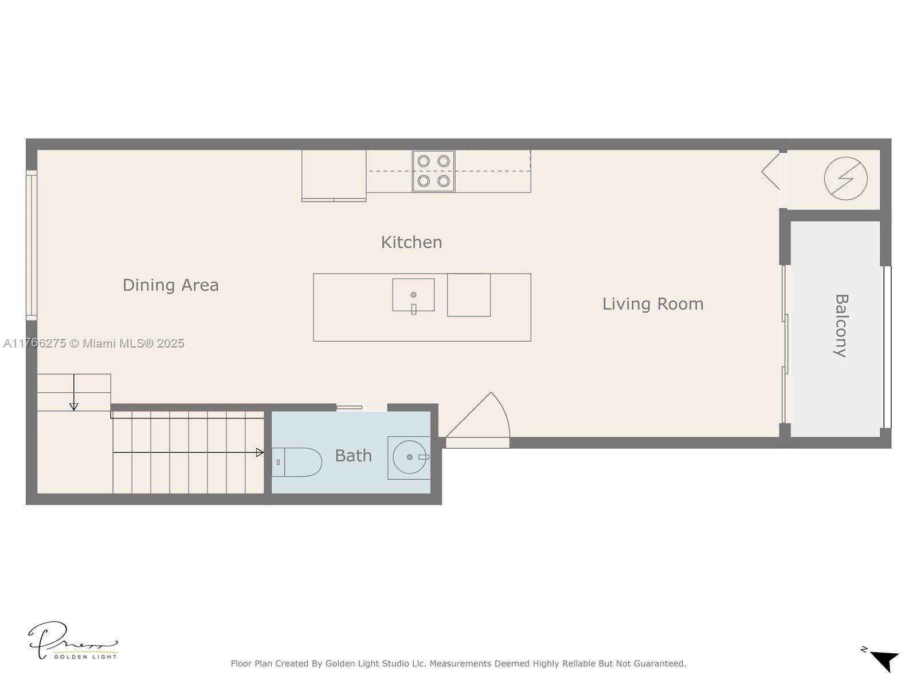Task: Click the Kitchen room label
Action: [x=411, y=242]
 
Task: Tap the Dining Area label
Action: [x=170, y=285]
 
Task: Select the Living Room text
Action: [x=653, y=304]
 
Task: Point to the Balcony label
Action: [x=841, y=326]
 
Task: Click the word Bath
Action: [x=353, y=456]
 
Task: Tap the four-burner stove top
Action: [x=433, y=171]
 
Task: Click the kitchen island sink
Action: [x=413, y=295]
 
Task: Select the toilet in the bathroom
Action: [x=297, y=462]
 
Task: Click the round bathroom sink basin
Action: [x=409, y=457]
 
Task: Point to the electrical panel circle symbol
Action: [x=845, y=179]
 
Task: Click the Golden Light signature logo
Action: [x=73, y=641]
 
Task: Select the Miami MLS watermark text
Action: [x=93, y=343]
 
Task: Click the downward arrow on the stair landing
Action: [x=74, y=393]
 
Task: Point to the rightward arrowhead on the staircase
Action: [x=260, y=452]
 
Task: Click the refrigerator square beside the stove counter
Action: [x=334, y=176]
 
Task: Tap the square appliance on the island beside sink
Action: [x=469, y=295]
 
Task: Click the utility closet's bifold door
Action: [x=771, y=171]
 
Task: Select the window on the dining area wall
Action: [x=32, y=245]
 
